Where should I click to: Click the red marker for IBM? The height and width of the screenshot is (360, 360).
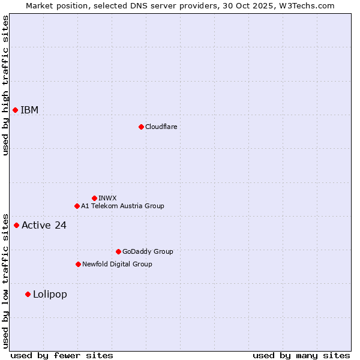15,110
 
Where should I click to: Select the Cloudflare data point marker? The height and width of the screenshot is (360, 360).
141,127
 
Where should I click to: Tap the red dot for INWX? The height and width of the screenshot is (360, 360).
94,198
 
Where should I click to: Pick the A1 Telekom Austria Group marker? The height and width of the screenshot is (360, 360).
77,206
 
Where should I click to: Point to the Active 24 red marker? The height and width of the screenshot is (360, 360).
16,225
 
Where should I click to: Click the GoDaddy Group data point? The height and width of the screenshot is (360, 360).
118,251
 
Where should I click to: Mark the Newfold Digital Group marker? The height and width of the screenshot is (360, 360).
78,264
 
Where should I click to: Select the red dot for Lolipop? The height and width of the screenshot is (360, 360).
28,294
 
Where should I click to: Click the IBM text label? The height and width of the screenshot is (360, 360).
29,110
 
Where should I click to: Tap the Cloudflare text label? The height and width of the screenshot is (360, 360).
161,127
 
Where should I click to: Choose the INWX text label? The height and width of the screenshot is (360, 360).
107,198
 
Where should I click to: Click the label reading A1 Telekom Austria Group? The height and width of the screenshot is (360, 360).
122,206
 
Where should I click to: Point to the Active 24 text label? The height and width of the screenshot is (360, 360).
44,225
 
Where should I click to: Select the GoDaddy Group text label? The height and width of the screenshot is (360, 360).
148,251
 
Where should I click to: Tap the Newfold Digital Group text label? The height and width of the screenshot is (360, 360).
117,264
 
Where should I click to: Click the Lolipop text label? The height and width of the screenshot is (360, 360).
50,294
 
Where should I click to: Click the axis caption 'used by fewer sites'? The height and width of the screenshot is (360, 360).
62,355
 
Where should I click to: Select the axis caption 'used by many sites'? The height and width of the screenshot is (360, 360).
301,355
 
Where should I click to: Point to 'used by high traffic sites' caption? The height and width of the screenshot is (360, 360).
5,85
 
